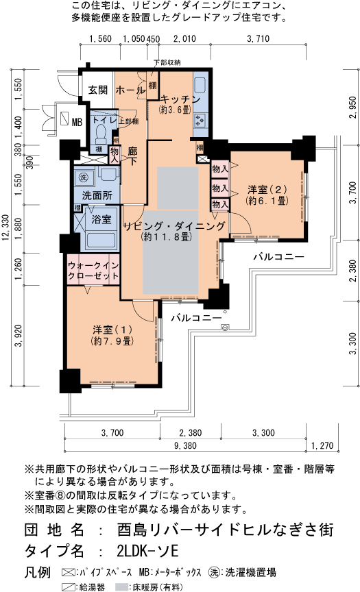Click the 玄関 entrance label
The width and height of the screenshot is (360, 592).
pos(98,90)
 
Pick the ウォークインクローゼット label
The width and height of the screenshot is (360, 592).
pos(93,269)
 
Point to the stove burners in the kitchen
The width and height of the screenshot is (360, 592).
pos(201,120)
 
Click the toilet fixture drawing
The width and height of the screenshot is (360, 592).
pos(100,131)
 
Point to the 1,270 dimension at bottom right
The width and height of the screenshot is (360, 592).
pos(321,446)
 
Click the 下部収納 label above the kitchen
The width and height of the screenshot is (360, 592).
pos(167,63)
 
